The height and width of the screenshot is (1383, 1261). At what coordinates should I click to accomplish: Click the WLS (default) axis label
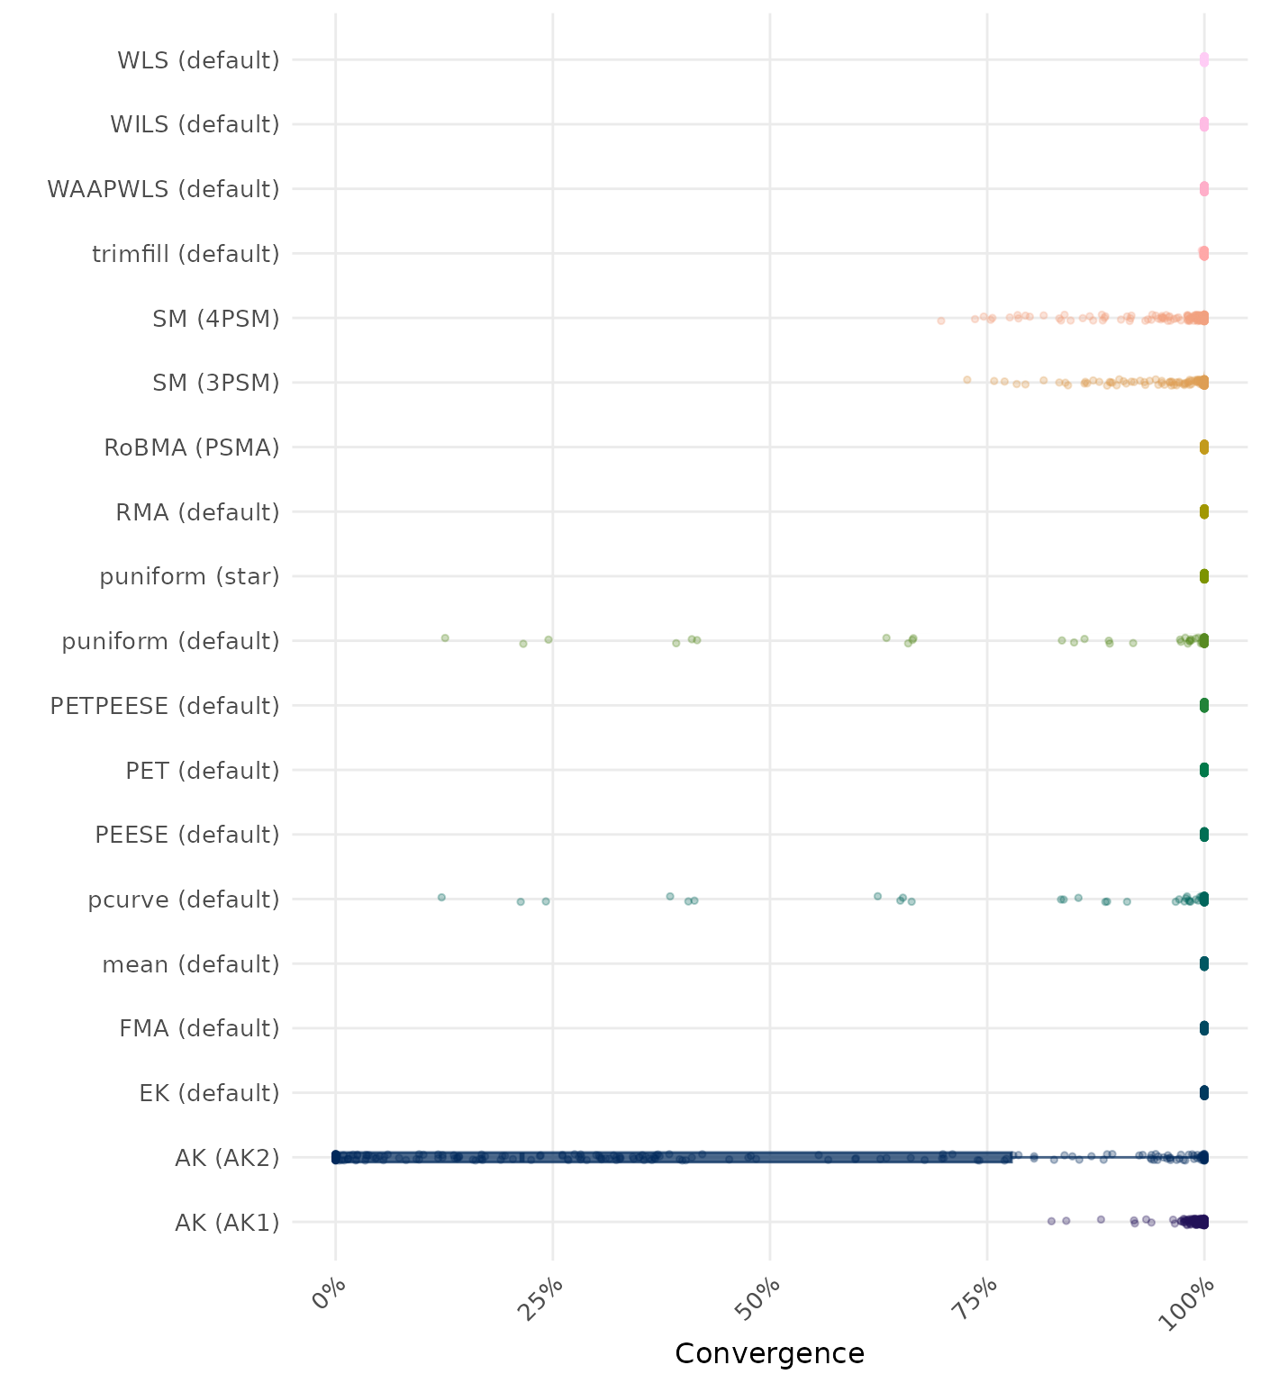coord(198,60)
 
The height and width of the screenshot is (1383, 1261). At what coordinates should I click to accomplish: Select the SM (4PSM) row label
coord(216,318)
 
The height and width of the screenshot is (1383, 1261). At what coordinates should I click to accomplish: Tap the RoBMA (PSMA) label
coord(192,447)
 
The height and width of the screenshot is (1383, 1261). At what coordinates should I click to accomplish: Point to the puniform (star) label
coord(189,576)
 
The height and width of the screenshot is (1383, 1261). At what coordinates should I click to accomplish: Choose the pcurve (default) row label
coord(184,899)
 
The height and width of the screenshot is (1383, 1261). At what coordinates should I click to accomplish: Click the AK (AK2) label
coord(227,1157)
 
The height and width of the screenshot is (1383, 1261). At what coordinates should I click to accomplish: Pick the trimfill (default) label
coord(186,254)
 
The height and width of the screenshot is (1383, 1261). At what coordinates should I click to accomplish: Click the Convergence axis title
coord(769,1353)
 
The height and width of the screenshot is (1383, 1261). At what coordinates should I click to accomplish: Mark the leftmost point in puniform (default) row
coord(445,637)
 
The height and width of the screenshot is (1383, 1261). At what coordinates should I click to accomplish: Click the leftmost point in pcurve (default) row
coord(441,897)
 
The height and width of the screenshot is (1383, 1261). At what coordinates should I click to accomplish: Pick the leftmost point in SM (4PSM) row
coord(941,321)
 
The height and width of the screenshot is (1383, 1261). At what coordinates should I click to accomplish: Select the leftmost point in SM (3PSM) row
coord(966,380)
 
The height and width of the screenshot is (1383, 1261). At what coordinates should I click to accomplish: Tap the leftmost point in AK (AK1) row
coord(1051,1221)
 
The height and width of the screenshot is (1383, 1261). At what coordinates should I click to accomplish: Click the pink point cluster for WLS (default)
coord(1203,60)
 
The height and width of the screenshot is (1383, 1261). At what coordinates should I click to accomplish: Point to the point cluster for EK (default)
coord(1203,1093)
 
